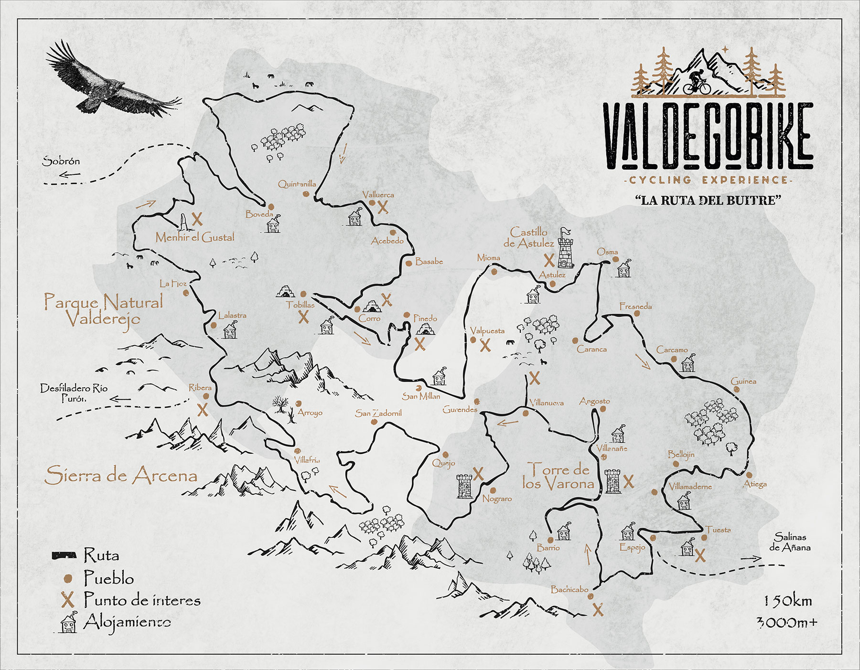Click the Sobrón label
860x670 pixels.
(61, 161)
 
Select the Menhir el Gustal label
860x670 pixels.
(195, 237)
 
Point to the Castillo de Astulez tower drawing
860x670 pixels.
(565, 248)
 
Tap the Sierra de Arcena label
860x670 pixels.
(121, 476)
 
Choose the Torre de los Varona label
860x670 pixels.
(558, 477)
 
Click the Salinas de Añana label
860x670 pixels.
(790, 542)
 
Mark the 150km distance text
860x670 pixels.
(787, 601)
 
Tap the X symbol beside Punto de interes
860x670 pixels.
(68, 600)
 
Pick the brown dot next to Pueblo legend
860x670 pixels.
(68, 578)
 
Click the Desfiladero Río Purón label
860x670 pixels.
(74, 393)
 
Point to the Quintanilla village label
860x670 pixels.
(297, 184)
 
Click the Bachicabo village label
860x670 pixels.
(570, 589)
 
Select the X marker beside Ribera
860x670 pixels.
(203, 410)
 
